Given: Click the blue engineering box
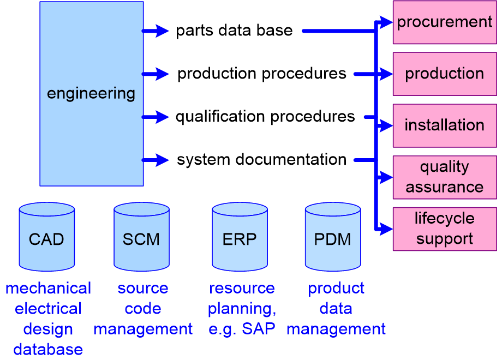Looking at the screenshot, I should point(91,93).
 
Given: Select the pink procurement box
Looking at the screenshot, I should point(445,22).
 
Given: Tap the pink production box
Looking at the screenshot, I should point(445,74).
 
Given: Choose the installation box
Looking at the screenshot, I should point(445,125).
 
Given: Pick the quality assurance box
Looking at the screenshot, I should point(445,177).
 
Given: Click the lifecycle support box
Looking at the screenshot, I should point(445,229).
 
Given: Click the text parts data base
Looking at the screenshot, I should point(234,31).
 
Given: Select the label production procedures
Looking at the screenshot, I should point(262,74).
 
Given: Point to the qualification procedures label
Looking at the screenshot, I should point(265,117).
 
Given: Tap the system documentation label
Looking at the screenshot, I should point(262,160).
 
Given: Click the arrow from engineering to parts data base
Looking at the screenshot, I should point(156,31).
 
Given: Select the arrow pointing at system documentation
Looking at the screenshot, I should point(156,160).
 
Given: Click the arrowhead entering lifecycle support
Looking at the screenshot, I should point(386,229).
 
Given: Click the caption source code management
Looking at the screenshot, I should point(143,309).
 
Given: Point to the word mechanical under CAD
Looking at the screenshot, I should point(48,288).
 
